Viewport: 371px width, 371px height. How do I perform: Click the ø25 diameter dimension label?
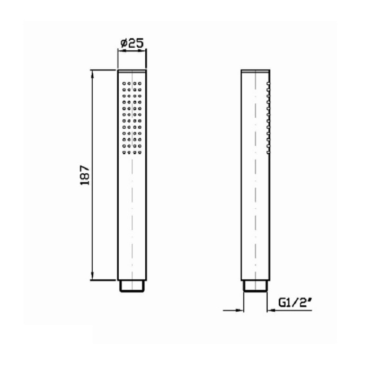click(132, 43)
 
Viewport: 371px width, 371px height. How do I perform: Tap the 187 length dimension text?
click(85, 175)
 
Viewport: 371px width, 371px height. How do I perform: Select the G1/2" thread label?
click(295, 303)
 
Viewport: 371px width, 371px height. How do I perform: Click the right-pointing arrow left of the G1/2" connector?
click(233, 310)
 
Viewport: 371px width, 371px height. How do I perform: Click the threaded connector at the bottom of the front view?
click(132, 286)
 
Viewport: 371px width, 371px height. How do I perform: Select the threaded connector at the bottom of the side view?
click(255, 286)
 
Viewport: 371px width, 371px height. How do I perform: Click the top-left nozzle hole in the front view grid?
click(123, 84)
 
